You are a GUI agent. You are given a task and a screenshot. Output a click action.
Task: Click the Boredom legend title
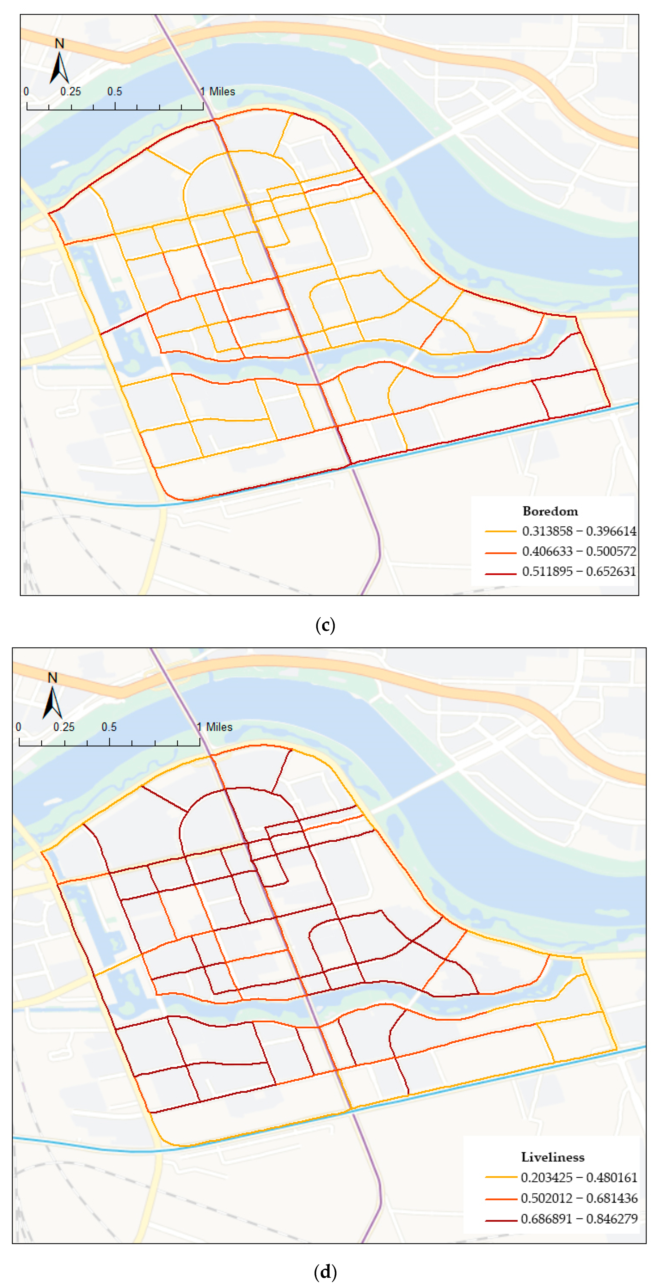pyautogui.click(x=550, y=511)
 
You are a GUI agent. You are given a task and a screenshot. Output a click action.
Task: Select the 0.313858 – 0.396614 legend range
pyautogui.click(x=579, y=531)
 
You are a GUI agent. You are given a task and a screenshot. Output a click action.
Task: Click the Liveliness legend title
pyautogui.click(x=553, y=1157)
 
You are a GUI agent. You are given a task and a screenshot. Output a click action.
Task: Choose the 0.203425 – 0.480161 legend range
pyautogui.click(x=579, y=1178)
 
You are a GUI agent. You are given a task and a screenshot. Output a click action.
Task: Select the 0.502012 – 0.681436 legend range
pyautogui.click(x=579, y=1198)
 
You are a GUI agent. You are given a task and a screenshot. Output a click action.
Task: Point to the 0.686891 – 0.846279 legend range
pyautogui.click(x=579, y=1218)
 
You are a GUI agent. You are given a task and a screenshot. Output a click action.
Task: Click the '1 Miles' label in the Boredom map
pyautogui.click(x=218, y=92)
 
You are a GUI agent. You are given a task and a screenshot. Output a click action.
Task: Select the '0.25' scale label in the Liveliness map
pyautogui.click(x=64, y=727)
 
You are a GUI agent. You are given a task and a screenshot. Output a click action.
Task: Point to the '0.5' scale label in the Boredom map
pyautogui.click(x=114, y=92)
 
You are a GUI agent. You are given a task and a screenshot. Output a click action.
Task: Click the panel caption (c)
pyautogui.click(x=326, y=625)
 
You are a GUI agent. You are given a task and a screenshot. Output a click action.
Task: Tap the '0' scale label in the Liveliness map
pyautogui.click(x=18, y=727)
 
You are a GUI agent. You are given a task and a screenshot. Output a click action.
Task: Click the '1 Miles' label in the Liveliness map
pyautogui.click(x=215, y=727)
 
